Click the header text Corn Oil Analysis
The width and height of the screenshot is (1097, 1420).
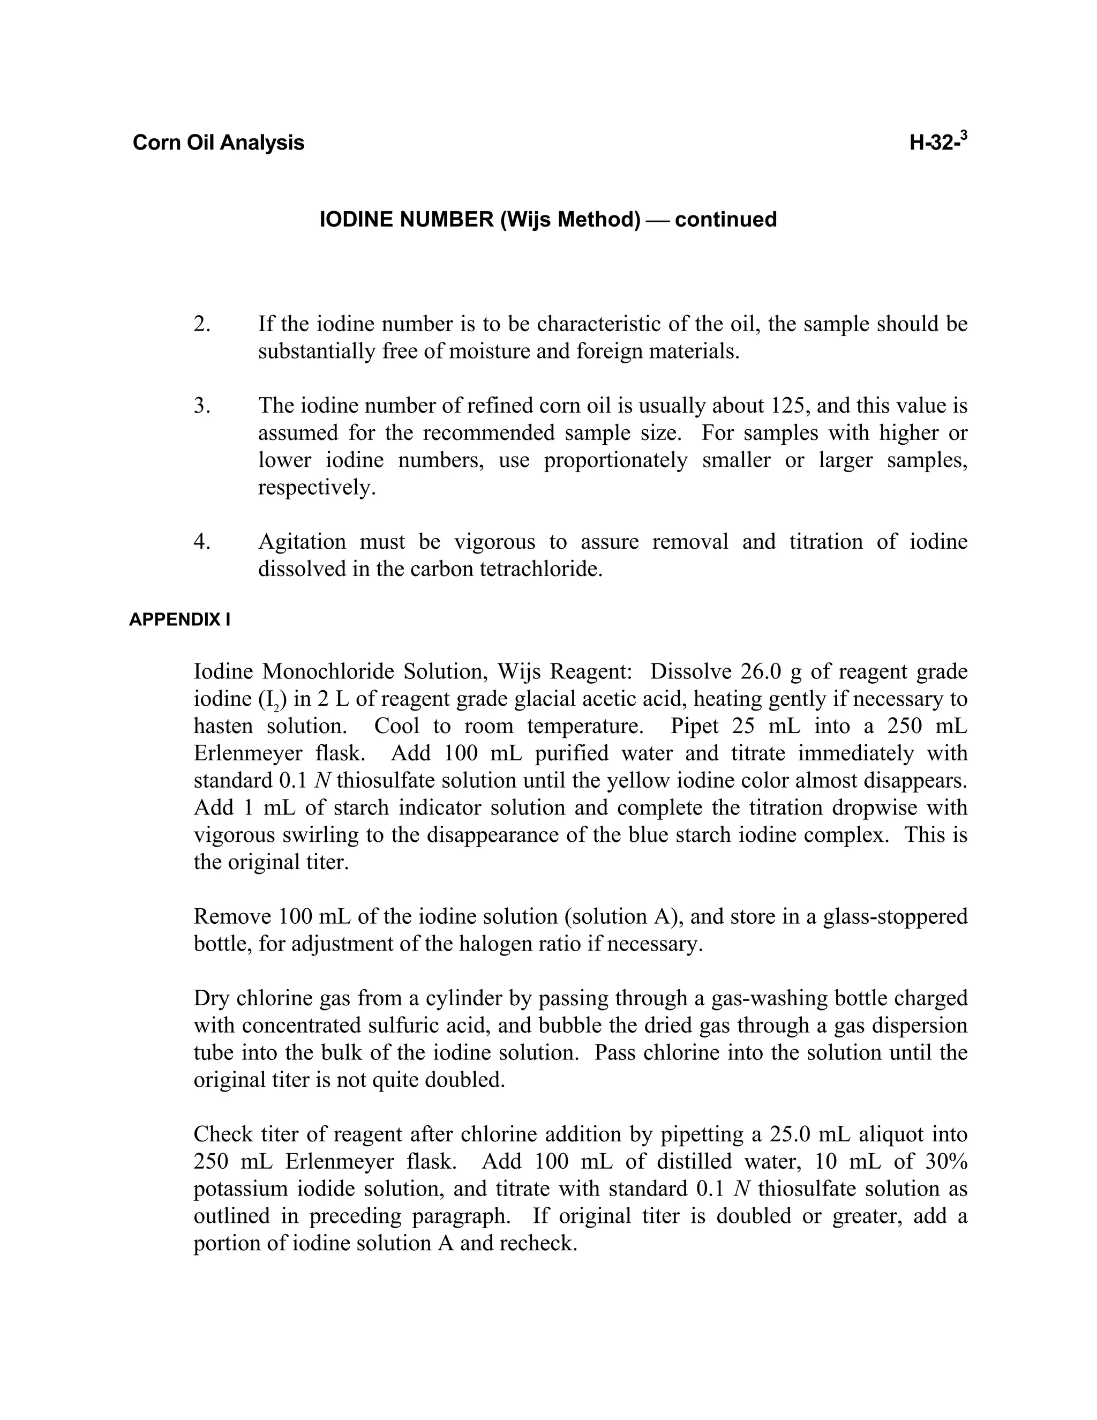[x=219, y=143]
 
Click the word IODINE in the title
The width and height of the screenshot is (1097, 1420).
[x=356, y=220]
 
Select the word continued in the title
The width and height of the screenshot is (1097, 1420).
[x=726, y=220]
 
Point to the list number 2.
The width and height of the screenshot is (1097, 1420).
[x=201, y=324]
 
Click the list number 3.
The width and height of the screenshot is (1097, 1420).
[x=201, y=406]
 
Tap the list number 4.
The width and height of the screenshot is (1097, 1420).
[x=201, y=542]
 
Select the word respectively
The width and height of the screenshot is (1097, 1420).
[x=317, y=488]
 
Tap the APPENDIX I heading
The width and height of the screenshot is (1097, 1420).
[x=179, y=619]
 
